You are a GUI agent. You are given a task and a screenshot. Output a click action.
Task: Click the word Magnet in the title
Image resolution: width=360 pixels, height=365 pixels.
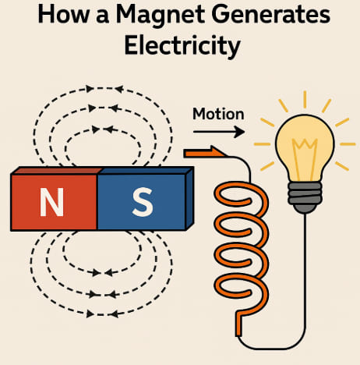point(161,15)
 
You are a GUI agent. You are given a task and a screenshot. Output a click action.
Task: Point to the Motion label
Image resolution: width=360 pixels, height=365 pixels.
point(218,114)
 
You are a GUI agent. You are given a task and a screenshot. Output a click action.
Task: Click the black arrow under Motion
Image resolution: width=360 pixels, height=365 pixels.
point(219,132)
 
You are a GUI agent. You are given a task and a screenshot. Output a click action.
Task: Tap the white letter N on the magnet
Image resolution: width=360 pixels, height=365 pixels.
point(51,202)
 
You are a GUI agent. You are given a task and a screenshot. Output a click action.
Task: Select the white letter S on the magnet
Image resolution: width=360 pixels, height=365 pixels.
point(142,202)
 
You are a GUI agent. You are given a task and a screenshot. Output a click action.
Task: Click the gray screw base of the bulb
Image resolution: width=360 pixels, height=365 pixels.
point(305,193)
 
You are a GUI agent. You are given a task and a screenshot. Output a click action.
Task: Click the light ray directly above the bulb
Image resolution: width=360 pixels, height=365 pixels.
point(305,100)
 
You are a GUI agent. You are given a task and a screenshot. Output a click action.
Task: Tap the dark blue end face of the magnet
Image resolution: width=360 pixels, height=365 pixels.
point(190,199)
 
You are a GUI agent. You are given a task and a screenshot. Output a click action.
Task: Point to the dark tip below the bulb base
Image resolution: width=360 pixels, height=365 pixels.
point(305,209)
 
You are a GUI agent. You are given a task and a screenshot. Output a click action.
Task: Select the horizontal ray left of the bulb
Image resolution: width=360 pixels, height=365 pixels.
point(263,144)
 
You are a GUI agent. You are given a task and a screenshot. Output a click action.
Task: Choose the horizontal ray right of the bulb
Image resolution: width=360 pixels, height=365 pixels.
point(348,144)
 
